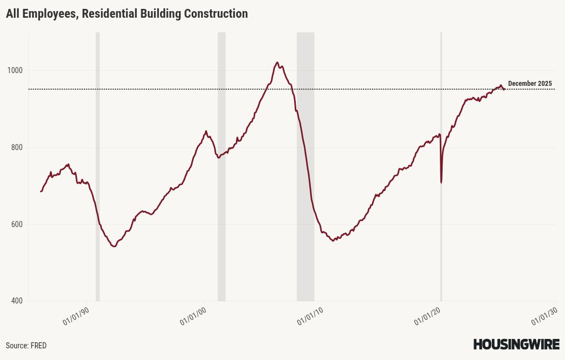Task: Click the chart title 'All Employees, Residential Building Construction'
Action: pos(127,14)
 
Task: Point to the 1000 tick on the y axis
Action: pos(15,70)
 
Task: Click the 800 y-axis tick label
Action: pos(17,147)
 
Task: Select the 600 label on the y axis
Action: pos(17,224)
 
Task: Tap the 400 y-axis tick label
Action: pos(17,301)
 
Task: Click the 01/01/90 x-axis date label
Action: pos(76,316)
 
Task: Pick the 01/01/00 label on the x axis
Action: pos(194,316)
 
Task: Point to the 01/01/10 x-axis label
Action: pos(311,316)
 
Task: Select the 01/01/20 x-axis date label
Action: pos(428,316)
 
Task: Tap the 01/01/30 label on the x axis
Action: pos(545,316)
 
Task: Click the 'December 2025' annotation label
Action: pos(530,84)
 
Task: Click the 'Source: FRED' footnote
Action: pos(26,346)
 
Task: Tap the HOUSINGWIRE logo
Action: pos(516,344)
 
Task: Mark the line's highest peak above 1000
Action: pos(277,63)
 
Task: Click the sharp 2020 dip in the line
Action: pos(441,182)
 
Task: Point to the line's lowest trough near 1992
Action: pos(114,246)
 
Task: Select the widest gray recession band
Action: pos(305,166)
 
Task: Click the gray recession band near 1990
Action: pos(97,166)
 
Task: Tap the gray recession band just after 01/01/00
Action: pos(222,166)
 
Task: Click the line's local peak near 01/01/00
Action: pos(206,131)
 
